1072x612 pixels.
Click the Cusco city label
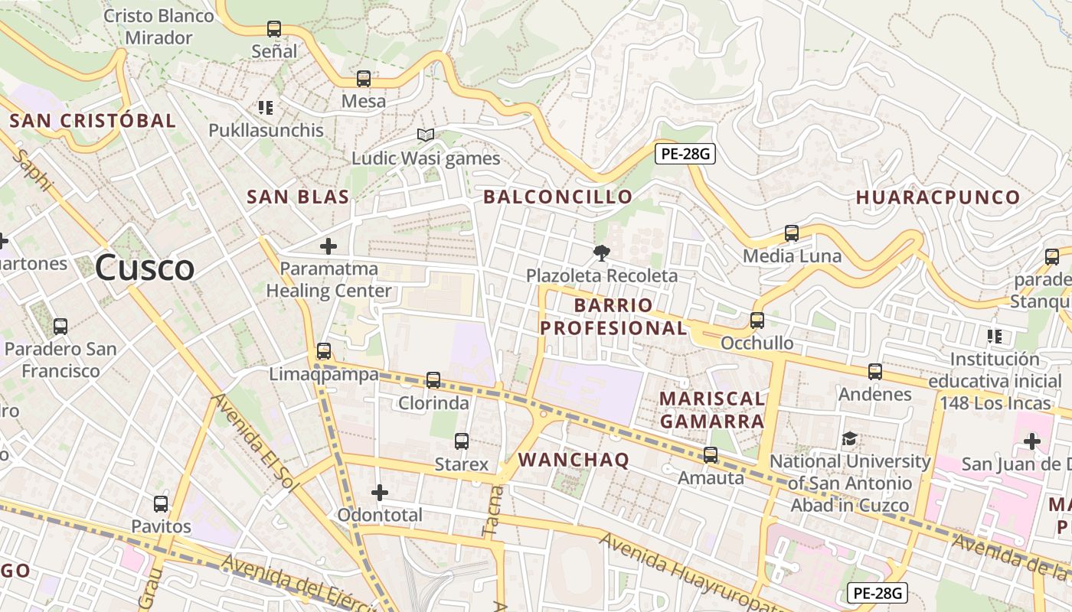[145, 268]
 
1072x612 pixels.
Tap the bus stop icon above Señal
[274, 29]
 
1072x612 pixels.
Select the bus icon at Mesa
[364, 78]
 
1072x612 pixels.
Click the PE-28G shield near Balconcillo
[685, 154]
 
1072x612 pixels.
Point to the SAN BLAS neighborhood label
[298, 197]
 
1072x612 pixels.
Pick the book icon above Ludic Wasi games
[426, 135]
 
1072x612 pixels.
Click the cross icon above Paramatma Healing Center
[328, 246]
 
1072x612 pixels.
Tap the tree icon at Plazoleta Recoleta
[602, 252]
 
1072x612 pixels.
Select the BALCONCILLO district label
[557, 197]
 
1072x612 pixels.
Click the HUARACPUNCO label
[938, 197]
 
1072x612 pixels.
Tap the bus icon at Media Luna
[792, 233]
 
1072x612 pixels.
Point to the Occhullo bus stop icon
[757, 321]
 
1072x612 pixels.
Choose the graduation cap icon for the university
[849, 439]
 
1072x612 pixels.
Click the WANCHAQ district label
[574, 460]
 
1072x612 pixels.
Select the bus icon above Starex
[461, 441]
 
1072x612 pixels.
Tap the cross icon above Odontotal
[380, 492]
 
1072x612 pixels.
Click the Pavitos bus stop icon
[161, 504]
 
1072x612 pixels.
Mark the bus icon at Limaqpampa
[324, 351]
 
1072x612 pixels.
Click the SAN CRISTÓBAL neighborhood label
[93, 120]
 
